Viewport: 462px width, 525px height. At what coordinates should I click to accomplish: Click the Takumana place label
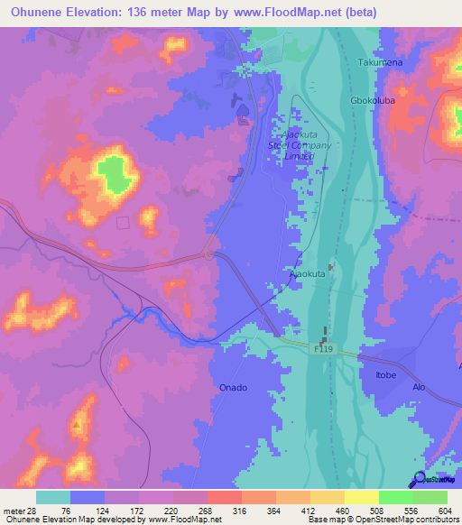pyautogui.click(x=378, y=62)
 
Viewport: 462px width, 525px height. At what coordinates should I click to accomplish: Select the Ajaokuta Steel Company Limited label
pyautogui.click(x=301, y=144)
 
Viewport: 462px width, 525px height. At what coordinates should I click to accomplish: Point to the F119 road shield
pyautogui.click(x=325, y=347)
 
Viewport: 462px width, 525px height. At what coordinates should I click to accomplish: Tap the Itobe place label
pyautogui.click(x=374, y=373)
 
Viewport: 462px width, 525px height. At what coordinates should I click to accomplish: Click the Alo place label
pyautogui.click(x=419, y=386)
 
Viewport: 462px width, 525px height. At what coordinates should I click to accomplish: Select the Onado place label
pyautogui.click(x=233, y=387)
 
